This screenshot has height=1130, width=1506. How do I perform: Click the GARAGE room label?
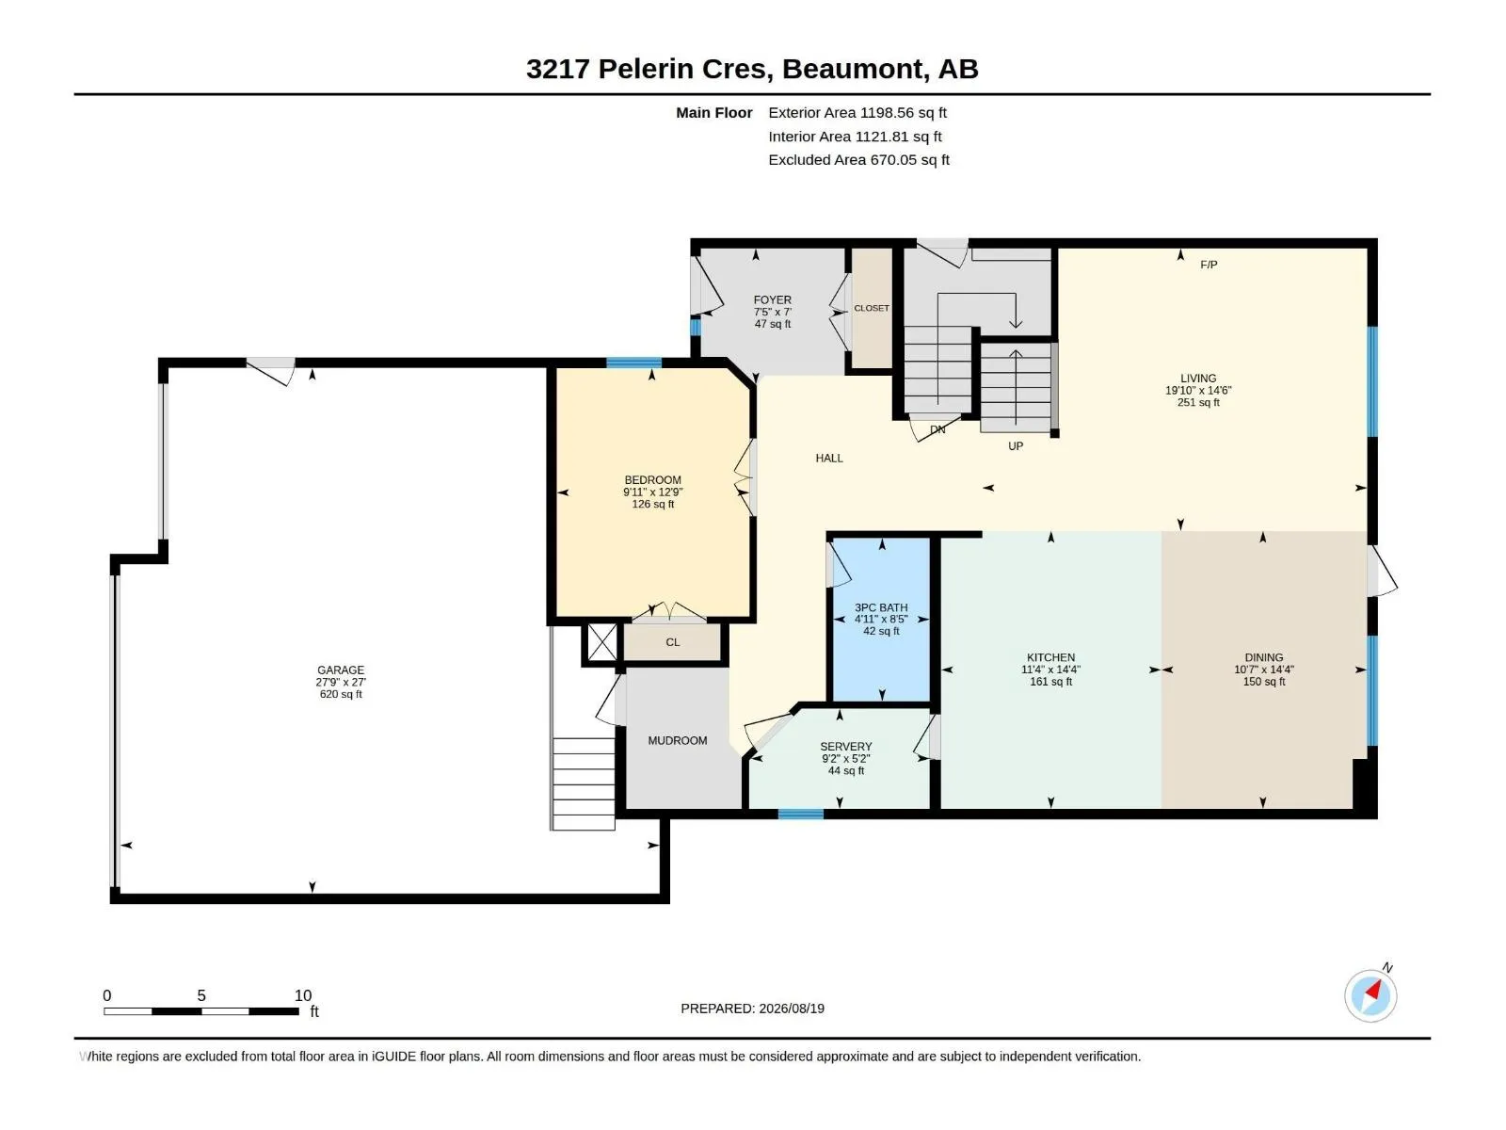(x=341, y=670)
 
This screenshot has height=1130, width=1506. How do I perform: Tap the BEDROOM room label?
(x=652, y=480)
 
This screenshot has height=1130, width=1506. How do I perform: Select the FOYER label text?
(x=773, y=299)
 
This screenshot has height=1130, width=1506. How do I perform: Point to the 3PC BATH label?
(x=881, y=607)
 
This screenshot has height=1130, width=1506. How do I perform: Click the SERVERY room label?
(x=846, y=747)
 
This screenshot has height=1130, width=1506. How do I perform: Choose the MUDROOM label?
(x=677, y=740)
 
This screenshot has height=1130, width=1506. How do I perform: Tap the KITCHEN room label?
(x=1050, y=657)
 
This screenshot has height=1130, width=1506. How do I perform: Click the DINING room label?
(x=1264, y=657)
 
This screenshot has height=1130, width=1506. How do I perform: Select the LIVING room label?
(x=1198, y=378)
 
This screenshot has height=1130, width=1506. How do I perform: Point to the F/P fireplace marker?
(x=1209, y=265)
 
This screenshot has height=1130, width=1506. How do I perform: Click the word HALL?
(x=829, y=459)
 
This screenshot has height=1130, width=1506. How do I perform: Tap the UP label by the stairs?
(x=1016, y=446)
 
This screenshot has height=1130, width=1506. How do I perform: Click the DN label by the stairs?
(x=937, y=429)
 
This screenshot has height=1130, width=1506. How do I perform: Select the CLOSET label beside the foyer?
(x=872, y=309)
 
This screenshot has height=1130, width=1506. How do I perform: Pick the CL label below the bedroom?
(x=672, y=642)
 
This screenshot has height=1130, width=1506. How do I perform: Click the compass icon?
(x=1370, y=995)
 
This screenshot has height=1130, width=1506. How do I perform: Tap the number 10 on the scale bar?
(x=302, y=994)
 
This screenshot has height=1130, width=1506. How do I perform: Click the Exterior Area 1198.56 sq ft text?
(x=857, y=112)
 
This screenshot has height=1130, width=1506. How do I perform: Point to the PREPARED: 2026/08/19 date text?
(x=752, y=1009)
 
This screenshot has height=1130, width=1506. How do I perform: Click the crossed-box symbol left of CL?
(x=602, y=643)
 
